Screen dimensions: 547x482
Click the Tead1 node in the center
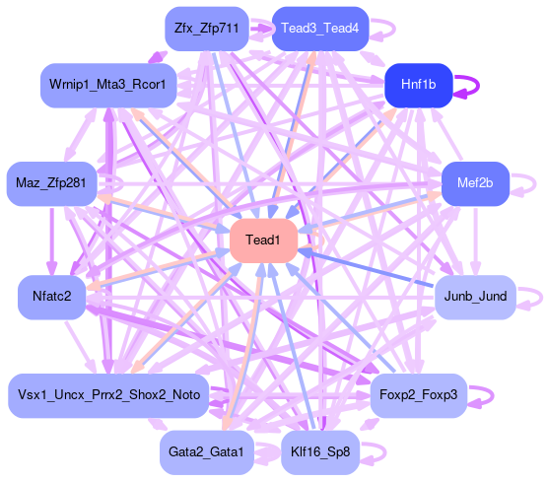[x=263, y=241]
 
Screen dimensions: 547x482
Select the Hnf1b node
[x=418, y=85]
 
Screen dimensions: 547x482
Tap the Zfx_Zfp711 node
[x=207, y=29]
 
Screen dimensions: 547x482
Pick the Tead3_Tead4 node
[x=320, y=29]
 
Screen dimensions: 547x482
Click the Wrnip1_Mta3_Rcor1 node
[x=108, y=85]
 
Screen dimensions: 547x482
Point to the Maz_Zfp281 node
[x=51, y=183]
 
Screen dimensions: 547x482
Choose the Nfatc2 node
[x=51, y=297]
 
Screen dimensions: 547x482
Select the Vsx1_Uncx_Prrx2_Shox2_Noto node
[x=108, y=395]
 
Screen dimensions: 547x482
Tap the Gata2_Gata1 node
[x=207, y=452]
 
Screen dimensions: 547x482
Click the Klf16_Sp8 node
[x=320, y=452]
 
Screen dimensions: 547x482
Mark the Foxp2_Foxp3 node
[x=418, y=395]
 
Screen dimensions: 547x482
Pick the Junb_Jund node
[x=475, y=297]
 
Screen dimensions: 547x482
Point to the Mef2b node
[x=475, y=183]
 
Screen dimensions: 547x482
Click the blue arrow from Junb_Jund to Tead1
[x=367, y=268]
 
